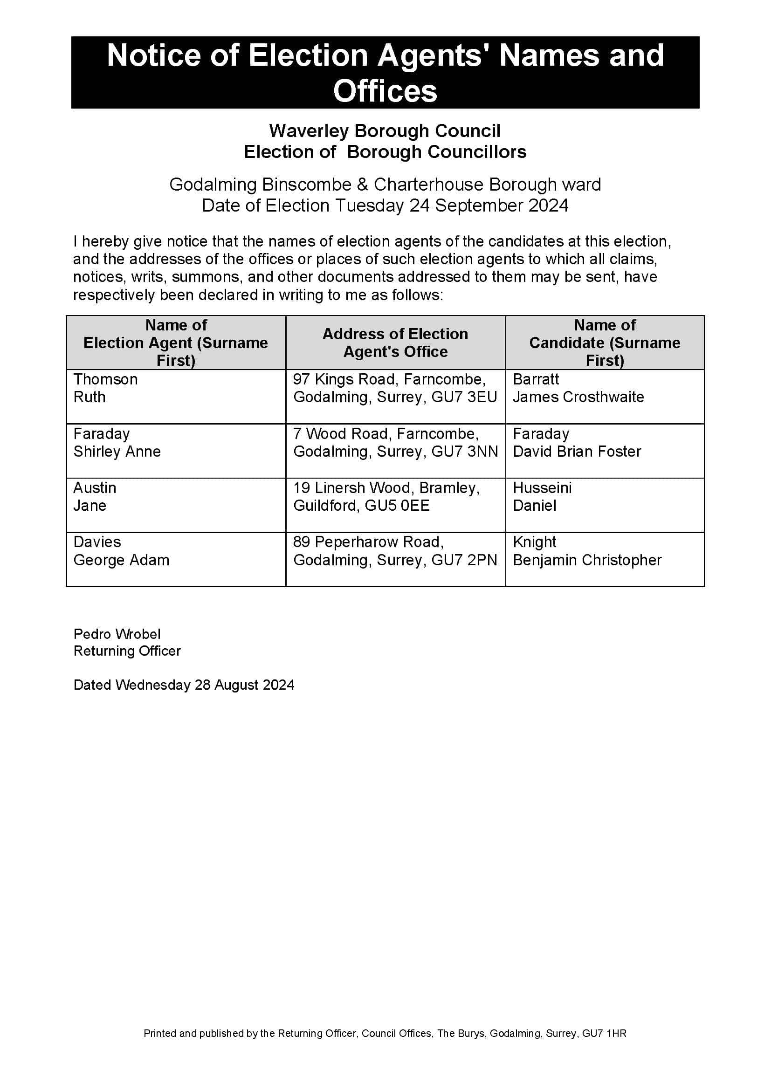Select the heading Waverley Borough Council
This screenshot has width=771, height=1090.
(385, 130)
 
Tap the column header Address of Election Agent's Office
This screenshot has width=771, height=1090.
(395, 343)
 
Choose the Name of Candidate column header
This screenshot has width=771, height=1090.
(605, 343)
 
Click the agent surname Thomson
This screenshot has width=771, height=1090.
(105, 379)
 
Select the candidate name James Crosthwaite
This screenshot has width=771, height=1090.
(578, 397)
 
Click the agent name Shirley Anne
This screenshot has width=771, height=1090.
(117, 452)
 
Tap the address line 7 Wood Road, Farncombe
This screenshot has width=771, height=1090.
(386, 434)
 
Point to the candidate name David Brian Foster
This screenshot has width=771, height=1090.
(577, 452)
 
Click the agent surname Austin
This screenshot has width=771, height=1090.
(95, 488)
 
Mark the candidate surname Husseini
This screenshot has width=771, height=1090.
(542, 488)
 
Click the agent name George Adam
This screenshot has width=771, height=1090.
(121, 560)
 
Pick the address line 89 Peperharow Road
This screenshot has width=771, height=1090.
(368, 542)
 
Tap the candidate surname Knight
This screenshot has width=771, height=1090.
(535, 542)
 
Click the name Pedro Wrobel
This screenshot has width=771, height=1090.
(117, 634)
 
